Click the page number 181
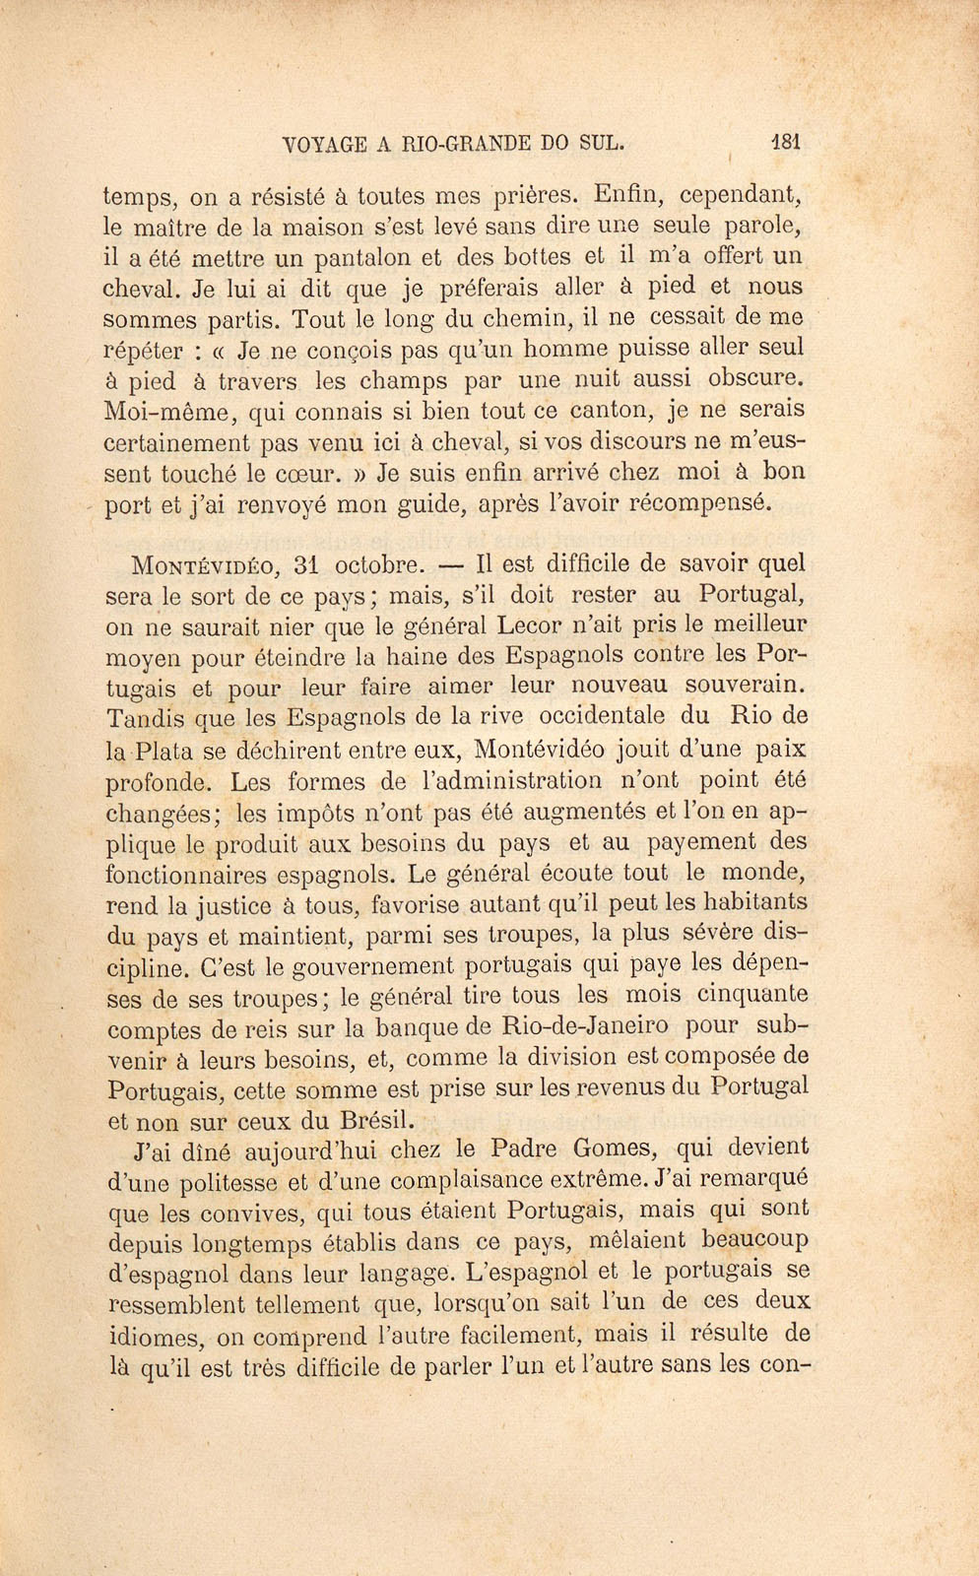click(x=786, y=141)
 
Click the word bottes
click(x=534, y=257)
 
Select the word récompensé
click(x=702, y=503)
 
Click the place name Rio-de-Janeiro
click(x=584, y=1026)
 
